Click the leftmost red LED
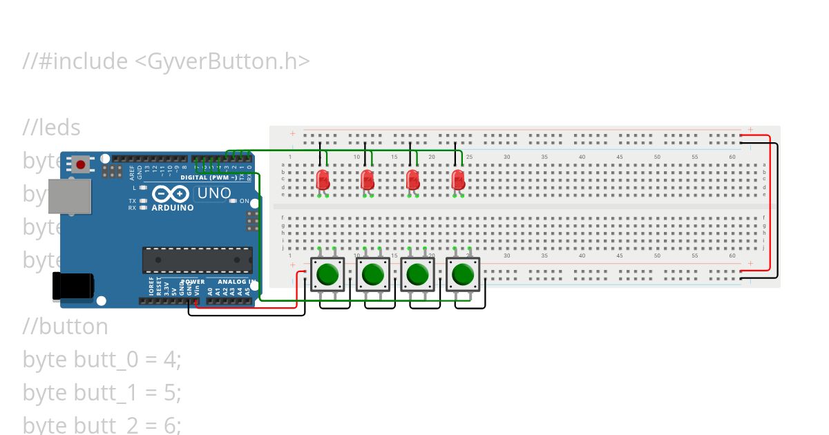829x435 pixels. [x=322, y=180]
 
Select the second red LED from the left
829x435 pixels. [x=367, y=180]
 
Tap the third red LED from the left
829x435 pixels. [x=412, y=180]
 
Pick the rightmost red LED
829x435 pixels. [x=457, y=180]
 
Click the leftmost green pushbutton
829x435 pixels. [x=327, y=275]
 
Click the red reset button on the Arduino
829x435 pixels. [x=81, y=165]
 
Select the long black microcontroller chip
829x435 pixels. [x=197, y=260]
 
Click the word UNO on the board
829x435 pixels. [x=214, y=193]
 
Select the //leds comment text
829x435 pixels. [x=52, y=128]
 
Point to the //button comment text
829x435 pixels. [x=66, y=326]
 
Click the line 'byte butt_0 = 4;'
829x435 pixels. [x=102, y=360]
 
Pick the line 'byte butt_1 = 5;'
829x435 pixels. [x=102, y=393]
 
